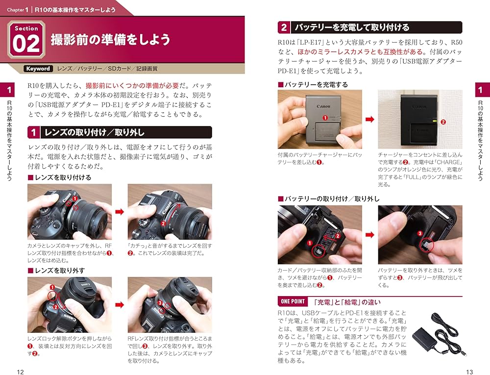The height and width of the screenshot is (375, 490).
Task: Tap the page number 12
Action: pos(20,372)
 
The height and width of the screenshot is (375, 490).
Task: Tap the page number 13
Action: pos(469,372)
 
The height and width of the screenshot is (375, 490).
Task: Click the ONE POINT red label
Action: pos(293,301)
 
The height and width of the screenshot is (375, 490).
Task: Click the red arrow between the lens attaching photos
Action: pos(119,212)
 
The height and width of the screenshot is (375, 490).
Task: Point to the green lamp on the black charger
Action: pos(434,120)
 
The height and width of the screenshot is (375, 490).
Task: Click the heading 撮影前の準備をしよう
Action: pos(110,40)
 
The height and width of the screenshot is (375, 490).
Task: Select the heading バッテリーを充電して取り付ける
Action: pos(350,27)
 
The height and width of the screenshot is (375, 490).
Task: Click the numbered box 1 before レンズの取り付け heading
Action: pos(34,132)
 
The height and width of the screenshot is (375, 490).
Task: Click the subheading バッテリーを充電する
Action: pos(316,84)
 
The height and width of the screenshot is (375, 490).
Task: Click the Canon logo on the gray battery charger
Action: pos(323,106)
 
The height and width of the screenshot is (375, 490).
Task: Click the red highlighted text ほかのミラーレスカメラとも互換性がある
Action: pos(360,51)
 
